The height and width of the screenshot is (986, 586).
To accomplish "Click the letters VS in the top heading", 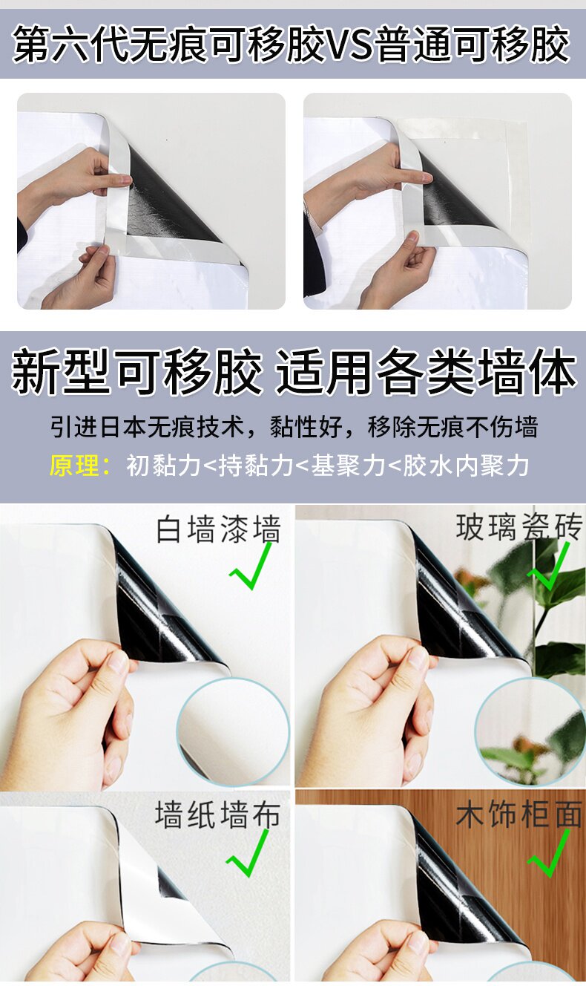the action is [x=349, y=45].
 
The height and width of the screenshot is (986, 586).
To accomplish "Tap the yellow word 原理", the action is [x=74, y=466].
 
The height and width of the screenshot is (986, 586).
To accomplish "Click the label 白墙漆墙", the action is [x=219, y=529].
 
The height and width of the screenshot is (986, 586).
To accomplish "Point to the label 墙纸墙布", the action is [x=217, y=814].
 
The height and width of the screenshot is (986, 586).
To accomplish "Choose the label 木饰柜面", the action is [x=518, y=814].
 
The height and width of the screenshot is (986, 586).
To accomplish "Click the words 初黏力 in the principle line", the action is [x=163, y=466].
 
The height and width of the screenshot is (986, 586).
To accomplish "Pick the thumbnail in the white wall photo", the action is [x=118, y=662].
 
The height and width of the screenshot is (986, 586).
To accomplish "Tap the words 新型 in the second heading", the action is [x=60, y=371].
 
